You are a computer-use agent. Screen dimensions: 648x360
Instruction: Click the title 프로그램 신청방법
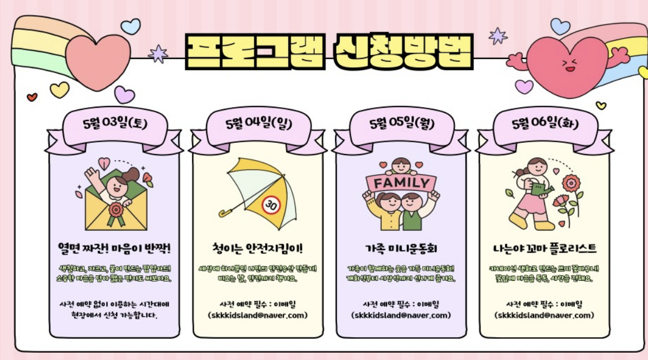tap(329, 51)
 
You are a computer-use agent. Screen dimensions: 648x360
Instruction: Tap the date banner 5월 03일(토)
tap(114, 124)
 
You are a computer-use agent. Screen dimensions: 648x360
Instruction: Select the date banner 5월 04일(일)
tap(258, 124)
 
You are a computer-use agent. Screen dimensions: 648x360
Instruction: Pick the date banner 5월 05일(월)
tap(401, 124)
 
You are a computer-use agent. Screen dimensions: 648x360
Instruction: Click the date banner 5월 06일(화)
tap(545, 124)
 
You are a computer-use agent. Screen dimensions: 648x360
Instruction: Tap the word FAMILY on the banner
tap(401, 183)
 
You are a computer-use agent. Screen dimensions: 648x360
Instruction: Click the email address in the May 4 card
tap(257, 315)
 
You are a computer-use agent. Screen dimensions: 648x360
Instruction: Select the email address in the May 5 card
tap(401, 315)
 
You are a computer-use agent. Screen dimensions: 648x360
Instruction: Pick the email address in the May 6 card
tap(545, 315)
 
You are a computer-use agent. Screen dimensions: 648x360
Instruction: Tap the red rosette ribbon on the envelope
tap(116, 211)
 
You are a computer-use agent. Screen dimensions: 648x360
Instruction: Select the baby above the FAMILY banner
tap(401, 166)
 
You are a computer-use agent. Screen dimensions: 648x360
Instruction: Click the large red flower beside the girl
tap(571, 183)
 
